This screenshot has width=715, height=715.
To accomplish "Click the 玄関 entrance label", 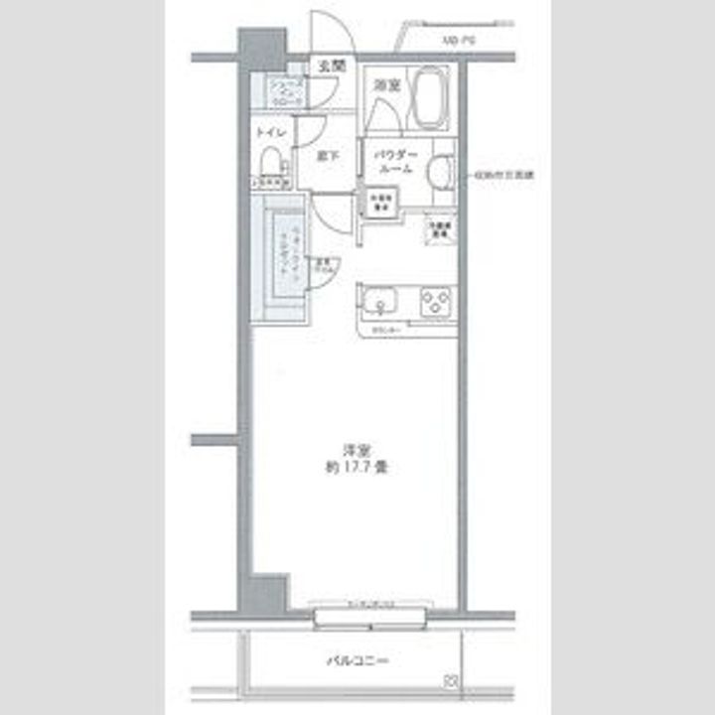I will [331, 67].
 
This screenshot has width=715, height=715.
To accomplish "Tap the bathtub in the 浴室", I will [430, 98].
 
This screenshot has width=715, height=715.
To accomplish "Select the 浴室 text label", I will [385, 86].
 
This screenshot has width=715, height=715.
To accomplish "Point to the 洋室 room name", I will [346, 450].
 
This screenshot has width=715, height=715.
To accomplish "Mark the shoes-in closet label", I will [286, 93].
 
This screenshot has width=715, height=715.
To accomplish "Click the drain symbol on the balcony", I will [451, 681].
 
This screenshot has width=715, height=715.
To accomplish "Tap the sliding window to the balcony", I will [369, 617].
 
